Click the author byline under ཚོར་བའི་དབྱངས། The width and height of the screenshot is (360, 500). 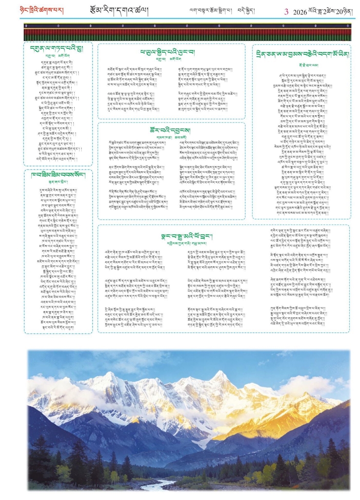click(171, 138)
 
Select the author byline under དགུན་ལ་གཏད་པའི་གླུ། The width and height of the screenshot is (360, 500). click(58, 56)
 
